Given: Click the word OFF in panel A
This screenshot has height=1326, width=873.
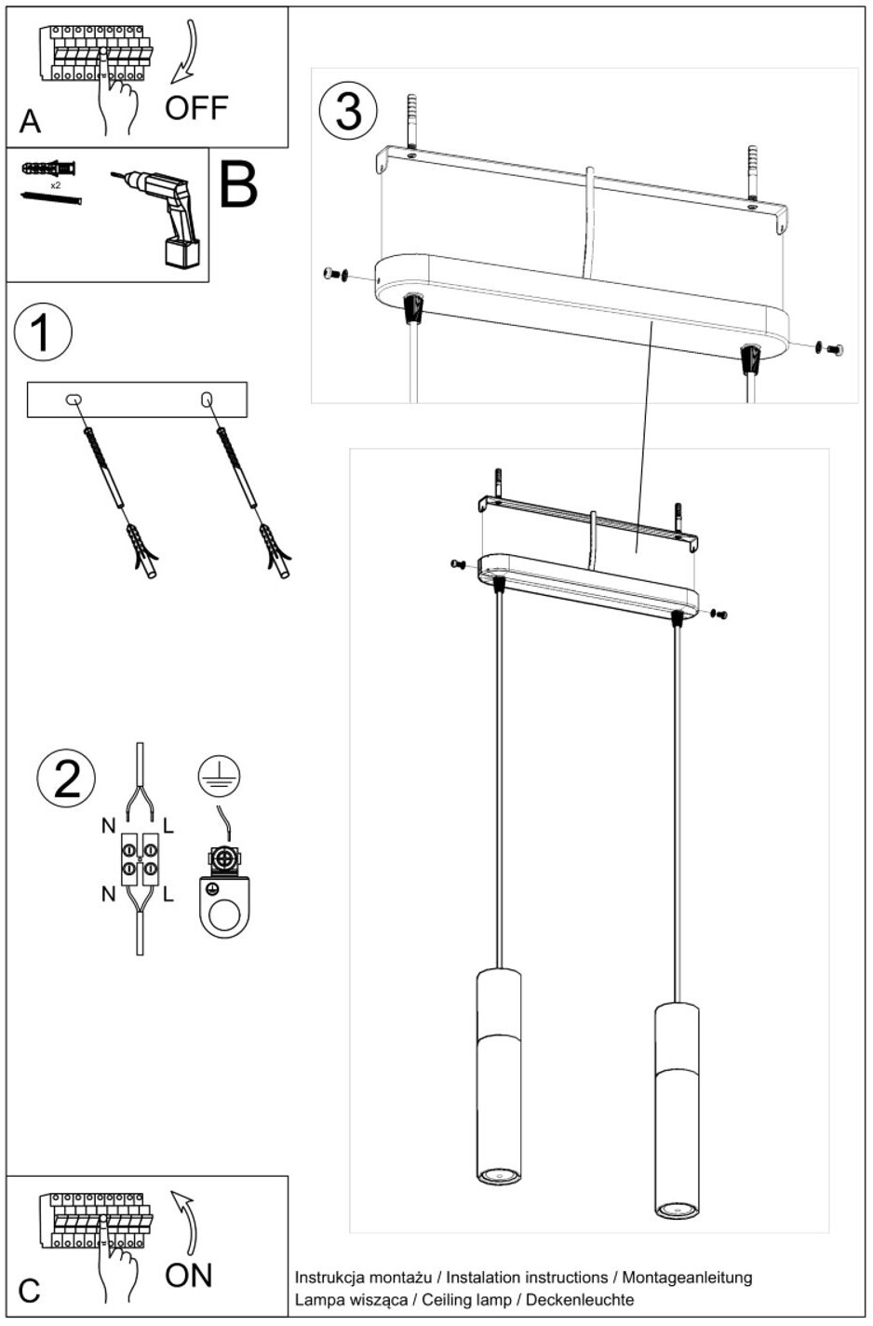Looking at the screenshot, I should [196, 108].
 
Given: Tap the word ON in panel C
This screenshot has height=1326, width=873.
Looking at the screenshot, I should [189, 1275].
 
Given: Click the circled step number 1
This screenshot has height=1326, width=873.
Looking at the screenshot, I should [43, 333].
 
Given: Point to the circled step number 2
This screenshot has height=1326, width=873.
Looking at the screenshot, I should [66, 778].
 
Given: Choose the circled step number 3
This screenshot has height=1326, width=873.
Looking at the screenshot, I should [348, 111].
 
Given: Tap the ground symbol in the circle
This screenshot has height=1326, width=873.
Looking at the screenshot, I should [220, 776].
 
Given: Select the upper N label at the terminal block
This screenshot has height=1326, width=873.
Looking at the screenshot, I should [108, 825].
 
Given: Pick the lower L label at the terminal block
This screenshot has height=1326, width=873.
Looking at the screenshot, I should [168, 894].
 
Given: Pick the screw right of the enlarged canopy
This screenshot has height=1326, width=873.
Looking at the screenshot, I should [830, 349].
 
